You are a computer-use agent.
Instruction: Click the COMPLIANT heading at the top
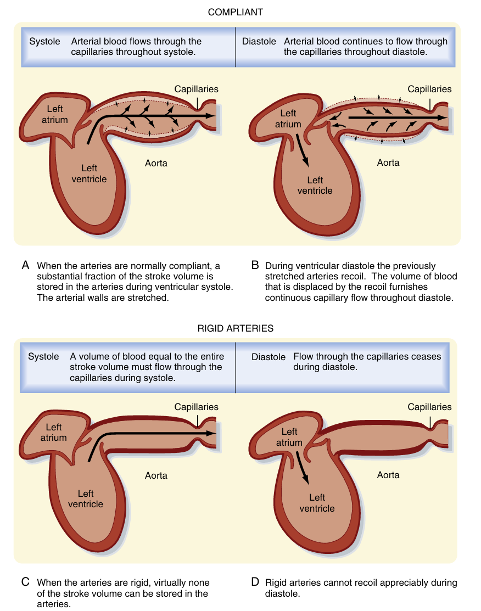click(235, 12)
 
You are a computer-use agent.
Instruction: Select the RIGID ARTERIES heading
click(235, 329)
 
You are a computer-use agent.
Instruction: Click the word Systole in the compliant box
click(44, 42)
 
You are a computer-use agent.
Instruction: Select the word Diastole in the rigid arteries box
click(269, 357)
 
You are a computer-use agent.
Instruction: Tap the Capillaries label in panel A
click(196, 89)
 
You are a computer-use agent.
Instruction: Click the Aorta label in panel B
click(388, 162)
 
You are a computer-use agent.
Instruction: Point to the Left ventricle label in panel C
click(86, 498)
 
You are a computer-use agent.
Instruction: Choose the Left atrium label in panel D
click(289, 437)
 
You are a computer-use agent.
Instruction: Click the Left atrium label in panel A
click(57, 114)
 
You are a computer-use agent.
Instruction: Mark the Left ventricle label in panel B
click(315, 185)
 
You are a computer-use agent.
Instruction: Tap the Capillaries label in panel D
click(429, 407)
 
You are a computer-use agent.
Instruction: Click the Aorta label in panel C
click(156, 475)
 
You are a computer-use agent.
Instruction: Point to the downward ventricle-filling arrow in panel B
click(303, 152)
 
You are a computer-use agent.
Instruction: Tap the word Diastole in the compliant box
click(259, 42)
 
